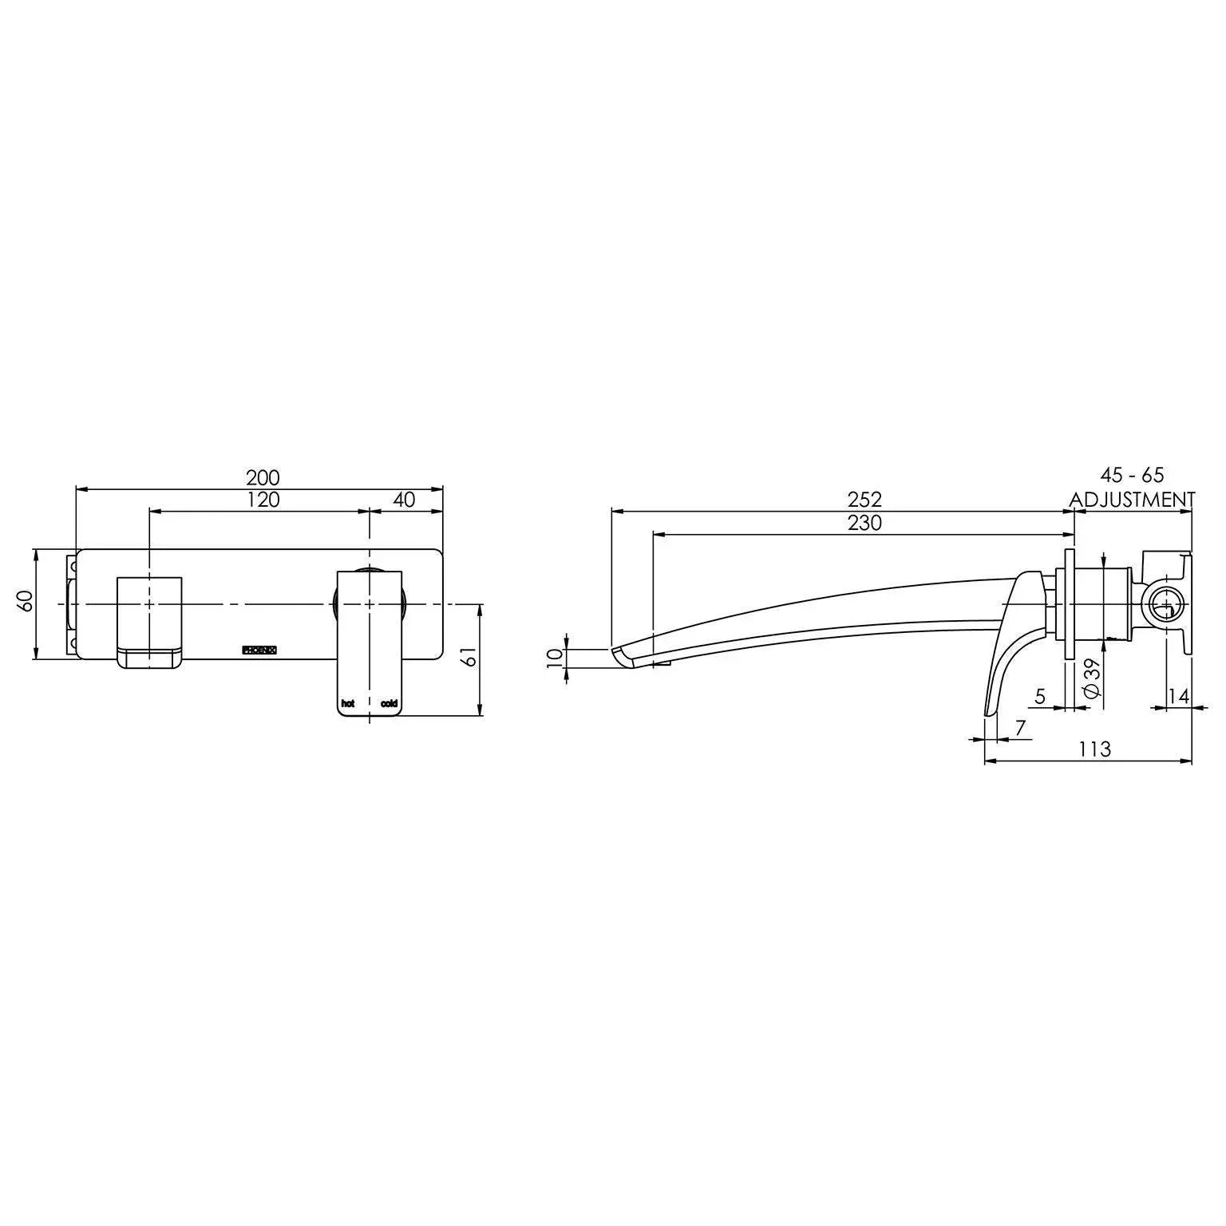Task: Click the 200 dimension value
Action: (x=263, y=478)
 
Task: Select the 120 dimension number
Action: (x=263, y=500)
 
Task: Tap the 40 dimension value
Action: (x=405, y=500)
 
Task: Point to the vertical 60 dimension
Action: (x=26, y=600)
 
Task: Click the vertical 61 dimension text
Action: (x=470, y=656)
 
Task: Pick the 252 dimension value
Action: (x=864, y=500)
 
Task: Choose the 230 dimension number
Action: (x=864, y=524)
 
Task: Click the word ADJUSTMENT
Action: (x=1132, y=500)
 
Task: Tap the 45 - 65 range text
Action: (x=1132, y=476)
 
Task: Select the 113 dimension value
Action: (x=1094, y=749)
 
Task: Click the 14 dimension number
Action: (x=1178, y=696)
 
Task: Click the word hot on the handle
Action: (x=347, y=703)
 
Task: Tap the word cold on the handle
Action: (x=389, y=703)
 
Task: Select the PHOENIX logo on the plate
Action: (x=259, y=650)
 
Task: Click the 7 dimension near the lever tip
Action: (x=1020, y=728)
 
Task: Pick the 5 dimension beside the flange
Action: (x=1040, y=696)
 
